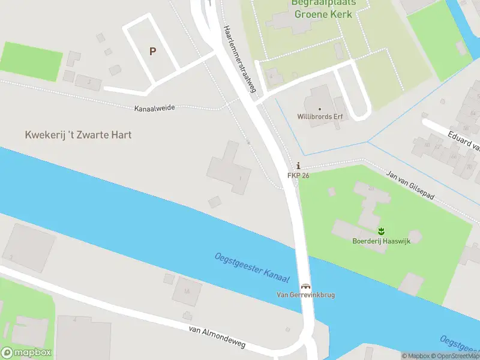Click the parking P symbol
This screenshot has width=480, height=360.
coord(152,52)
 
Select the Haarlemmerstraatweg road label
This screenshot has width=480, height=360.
coord(240,59)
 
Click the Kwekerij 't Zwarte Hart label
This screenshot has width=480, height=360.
coord(78,135)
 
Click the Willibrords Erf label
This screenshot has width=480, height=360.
coord(320,116)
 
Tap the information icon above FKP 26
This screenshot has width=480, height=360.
coord(298,166)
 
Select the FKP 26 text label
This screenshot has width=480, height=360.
coord(298,175)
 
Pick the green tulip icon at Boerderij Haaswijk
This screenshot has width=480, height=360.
coord(380,231)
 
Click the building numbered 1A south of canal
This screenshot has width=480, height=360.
coord(187,291)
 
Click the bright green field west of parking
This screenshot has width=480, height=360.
coord(31,61)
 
